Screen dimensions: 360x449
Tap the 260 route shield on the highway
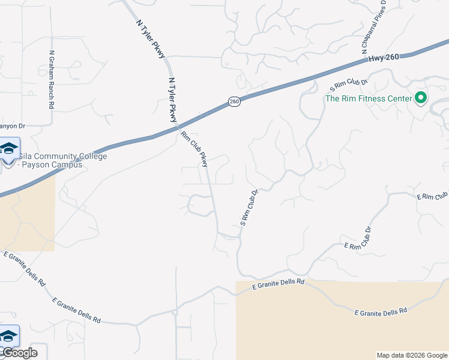[x=234, y=102]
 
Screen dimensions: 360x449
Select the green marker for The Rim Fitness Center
[x=421, y=98]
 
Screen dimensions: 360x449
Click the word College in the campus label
[x=89, y=157]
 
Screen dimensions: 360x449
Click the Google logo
[x=19, y=353]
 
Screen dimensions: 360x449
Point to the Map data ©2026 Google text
[x=411, y=355]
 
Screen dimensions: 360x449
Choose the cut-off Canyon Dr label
[x=12, y=126]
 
